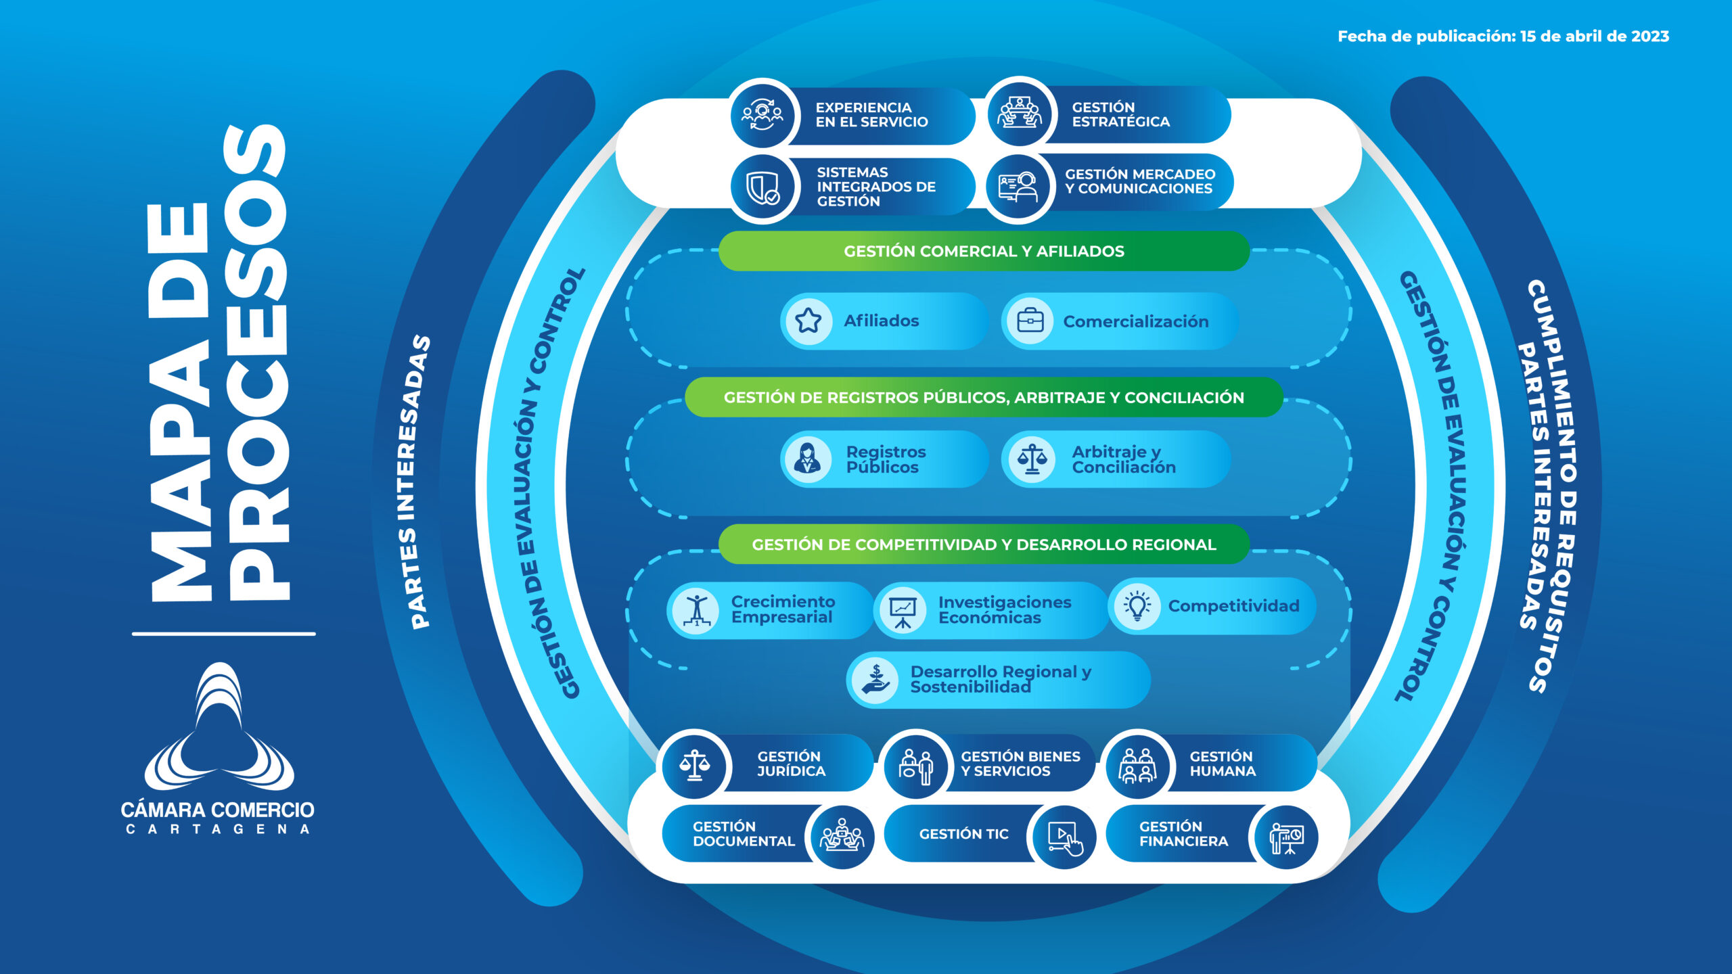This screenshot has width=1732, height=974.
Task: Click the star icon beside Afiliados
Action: (x=808, y=321)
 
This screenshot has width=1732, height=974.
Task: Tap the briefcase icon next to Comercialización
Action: (x=1030, y=321)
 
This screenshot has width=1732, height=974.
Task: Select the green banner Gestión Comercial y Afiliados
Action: (x=984, y=251)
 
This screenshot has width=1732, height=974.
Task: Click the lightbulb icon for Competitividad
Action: (x=1137, y=606)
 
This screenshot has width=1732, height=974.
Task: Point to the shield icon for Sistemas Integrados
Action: (x=763, y=187)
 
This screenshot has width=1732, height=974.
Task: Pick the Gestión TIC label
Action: (x=963, y=834)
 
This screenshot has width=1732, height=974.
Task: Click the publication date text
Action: (x=1503, y=37)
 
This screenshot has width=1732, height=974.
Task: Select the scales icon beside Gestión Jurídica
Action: (x=695, y=765)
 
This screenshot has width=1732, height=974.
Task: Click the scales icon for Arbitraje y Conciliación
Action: (x=1032, y=459)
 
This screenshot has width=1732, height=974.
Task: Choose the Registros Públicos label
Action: (x=886, y=459)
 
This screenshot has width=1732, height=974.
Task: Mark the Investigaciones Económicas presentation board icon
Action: (x=903, y=611)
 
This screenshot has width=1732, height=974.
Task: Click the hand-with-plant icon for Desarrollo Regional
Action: (x=875, y=680)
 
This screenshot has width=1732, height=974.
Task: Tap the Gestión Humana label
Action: (x=1222, y=764)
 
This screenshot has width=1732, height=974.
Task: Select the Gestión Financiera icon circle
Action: (x=1286, y=837)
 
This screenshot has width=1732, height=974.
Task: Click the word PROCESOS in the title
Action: (x=258, y=363)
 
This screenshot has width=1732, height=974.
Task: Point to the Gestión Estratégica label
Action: (x=1120, y=114)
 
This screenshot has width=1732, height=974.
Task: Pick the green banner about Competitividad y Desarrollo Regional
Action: (x=984, y=544)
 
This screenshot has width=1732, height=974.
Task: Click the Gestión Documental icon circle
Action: (x=842, y=837)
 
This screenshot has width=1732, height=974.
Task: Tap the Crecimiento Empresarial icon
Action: (x=696, y=610)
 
